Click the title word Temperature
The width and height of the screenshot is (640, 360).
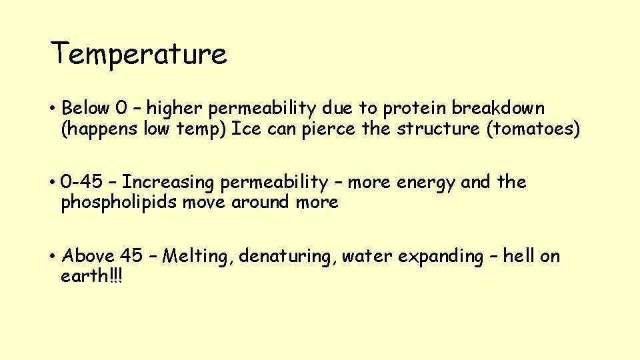pos(139,54)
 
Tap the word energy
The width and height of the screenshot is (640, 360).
pos(424,183)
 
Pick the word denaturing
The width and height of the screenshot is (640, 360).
pos(286,257)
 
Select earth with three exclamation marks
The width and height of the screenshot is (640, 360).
pos(92,276)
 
